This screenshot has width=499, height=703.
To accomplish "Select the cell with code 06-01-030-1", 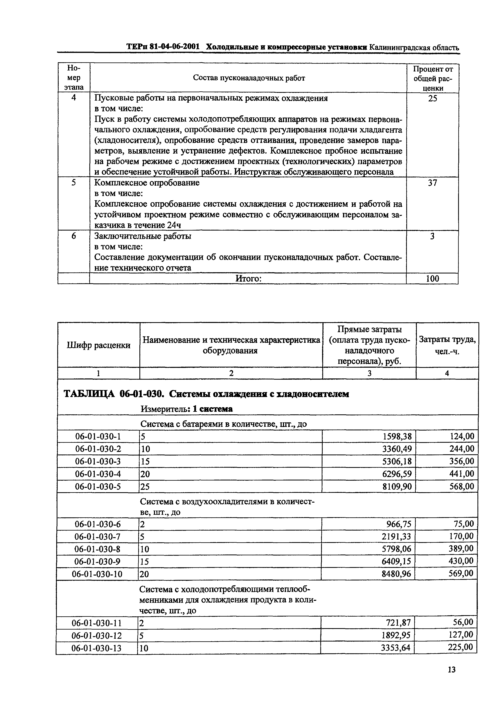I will pos(98,436).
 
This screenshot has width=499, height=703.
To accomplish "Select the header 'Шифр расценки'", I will pos(98,345).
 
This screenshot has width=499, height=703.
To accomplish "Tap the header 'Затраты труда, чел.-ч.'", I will pos(447,345).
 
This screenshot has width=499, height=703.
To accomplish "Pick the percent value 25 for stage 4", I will pos(432,98).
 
